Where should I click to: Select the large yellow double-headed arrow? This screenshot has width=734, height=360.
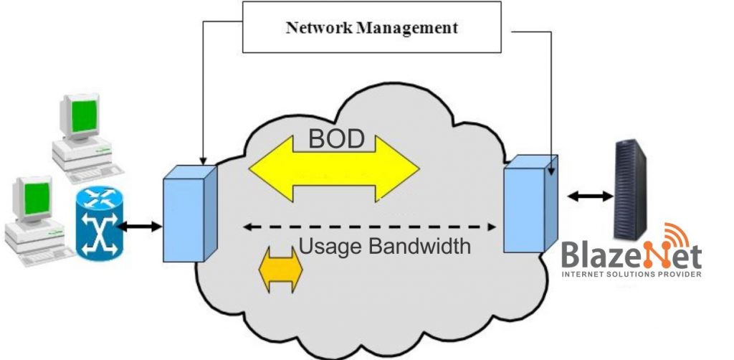tap(333, 170)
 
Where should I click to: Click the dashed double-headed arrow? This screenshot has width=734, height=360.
tap(370, 227)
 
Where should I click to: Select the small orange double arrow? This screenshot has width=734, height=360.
tap(280, 270)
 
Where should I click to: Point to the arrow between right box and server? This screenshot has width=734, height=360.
tap(590, 195)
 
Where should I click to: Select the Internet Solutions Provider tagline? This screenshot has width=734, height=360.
tap(631, 274)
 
